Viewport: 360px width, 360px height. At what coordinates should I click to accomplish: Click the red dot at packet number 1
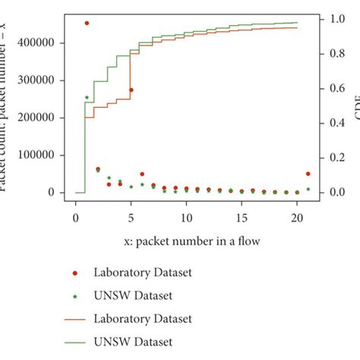(87, 24)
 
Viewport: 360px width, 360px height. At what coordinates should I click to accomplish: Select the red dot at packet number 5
(131, 90)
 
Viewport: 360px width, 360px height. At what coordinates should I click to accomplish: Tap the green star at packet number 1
(87, 97)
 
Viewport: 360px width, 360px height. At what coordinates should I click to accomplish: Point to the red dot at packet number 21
(308, 174)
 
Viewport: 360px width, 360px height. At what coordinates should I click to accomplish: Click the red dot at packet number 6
(142, 174)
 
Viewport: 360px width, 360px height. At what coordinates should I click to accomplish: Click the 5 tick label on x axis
(131, 219)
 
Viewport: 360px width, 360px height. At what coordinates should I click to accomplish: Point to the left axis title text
(6, 106)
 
